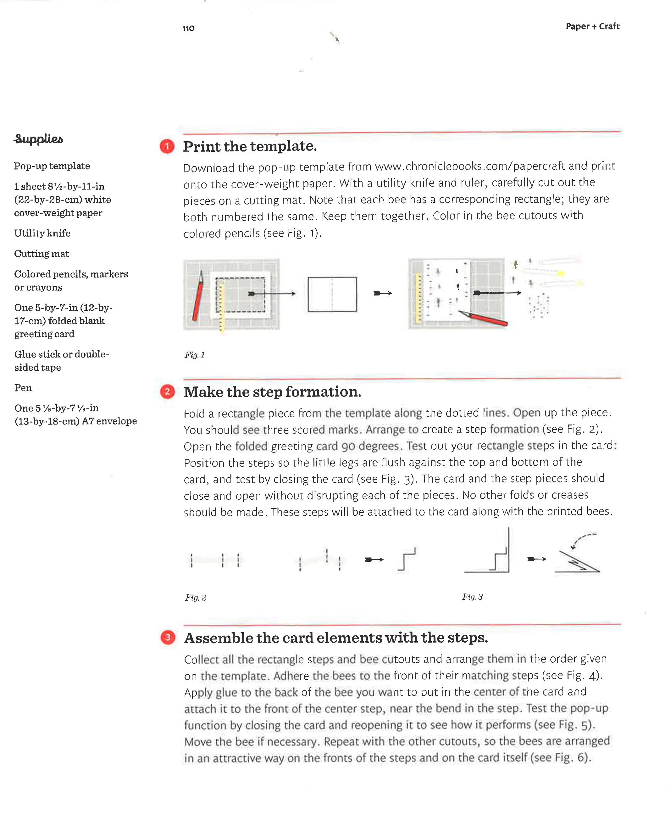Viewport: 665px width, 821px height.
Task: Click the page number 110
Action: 188,28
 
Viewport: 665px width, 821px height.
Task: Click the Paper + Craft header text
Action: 592,26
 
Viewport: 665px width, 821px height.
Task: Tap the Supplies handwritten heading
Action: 38,139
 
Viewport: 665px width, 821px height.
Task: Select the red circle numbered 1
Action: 167,146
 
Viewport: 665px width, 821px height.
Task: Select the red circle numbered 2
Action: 167,392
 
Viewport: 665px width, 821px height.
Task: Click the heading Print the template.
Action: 250,146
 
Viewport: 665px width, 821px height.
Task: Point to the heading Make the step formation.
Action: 272,392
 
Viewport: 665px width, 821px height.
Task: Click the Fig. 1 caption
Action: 195,355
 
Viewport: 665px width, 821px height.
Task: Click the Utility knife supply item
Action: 42,233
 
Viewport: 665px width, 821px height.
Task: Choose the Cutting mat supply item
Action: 42,254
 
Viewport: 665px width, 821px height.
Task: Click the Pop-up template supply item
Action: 52,166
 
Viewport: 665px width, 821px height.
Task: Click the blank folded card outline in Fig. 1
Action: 332,294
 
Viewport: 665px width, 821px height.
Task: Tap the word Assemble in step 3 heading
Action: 218,638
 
